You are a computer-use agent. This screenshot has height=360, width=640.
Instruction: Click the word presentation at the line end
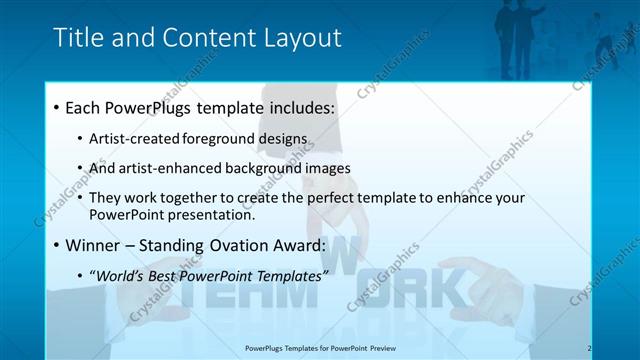click(x=212, y=215)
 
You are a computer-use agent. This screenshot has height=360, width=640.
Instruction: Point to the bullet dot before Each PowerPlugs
click(x=57, y=107)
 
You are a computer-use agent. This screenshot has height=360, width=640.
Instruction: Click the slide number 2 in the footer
click(x=589, y=348)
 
